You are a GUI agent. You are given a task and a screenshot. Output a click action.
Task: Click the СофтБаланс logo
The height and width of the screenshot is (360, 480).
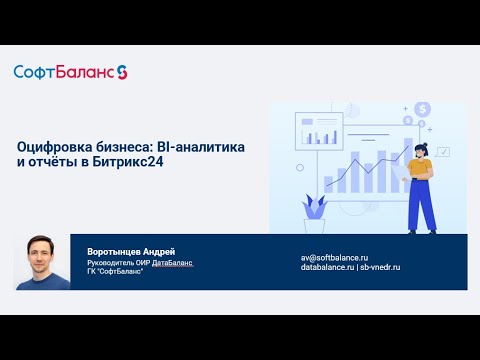[70, 72]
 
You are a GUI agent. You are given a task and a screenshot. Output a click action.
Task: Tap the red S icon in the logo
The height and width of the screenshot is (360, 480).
[122, 72]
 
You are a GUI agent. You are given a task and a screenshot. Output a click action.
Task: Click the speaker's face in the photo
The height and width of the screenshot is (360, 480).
[40, 257]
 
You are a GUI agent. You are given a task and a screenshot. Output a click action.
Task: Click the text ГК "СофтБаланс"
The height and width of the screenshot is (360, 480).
[116, 272]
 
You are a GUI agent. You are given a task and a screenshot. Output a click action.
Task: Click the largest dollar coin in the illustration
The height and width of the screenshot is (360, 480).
[423, 109]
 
